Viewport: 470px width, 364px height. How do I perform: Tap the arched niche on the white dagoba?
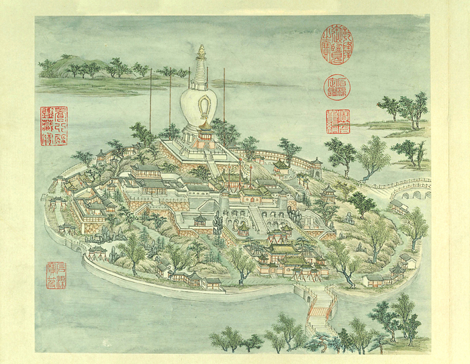coord(201,105)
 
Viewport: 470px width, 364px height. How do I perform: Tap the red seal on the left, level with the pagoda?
coord(54,122)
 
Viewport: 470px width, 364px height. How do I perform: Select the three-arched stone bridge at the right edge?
coord(417,195)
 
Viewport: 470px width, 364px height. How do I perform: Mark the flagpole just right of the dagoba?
coord(224,94)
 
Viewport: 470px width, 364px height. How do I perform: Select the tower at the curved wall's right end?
coord(316,165)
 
